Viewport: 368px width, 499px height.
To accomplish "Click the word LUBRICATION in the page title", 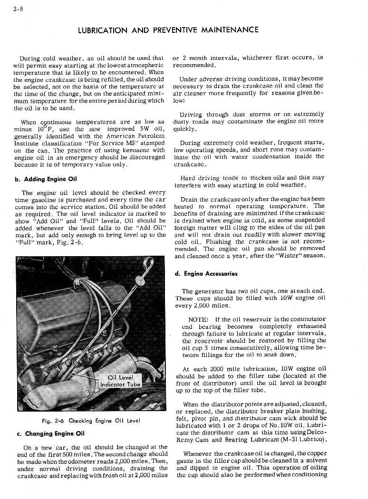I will click(x=103, y=30).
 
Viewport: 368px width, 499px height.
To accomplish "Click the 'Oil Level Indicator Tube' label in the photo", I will click(x=120, y=381).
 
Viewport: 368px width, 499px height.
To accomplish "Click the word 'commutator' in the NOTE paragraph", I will click(x=309, y=319).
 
